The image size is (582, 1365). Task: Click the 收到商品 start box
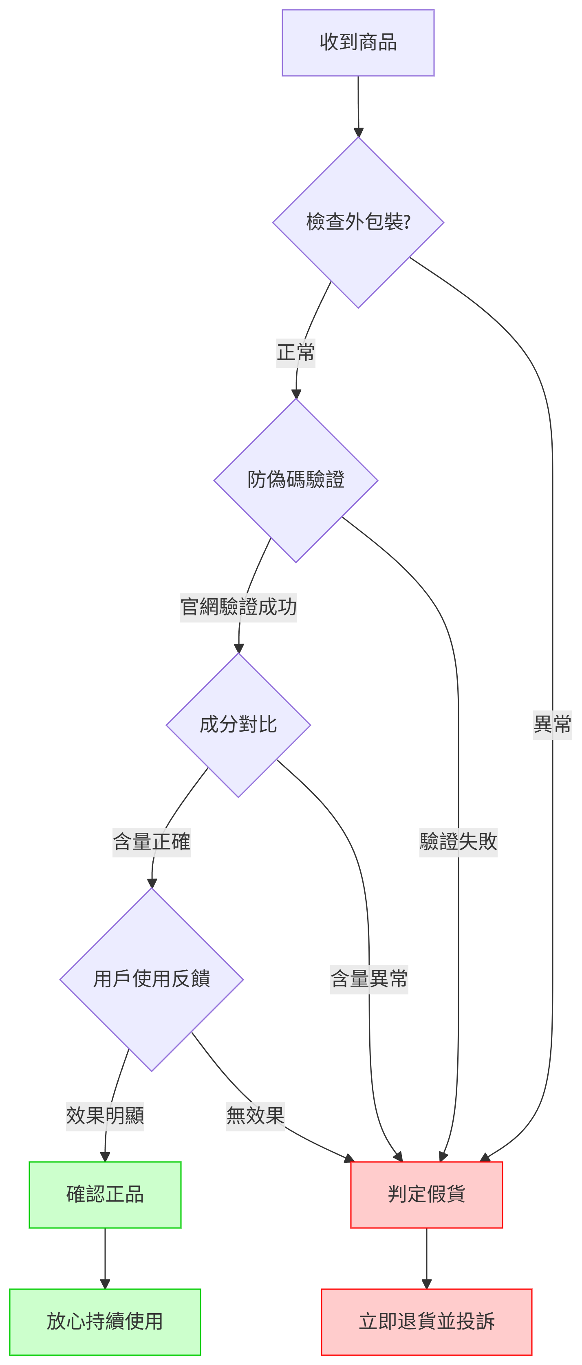(358, 42)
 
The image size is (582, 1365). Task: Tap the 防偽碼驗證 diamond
(295, 480)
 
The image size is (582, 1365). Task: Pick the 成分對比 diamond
(238, 725)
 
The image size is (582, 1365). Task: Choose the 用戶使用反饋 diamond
(152, 979)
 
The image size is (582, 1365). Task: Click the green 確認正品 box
(105, 1195)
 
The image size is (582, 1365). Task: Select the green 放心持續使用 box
(105, 1321)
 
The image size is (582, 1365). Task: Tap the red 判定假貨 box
(426, 1195)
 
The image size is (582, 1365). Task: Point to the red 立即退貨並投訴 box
(426, 1321)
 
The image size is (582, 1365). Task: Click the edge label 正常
(295, 353)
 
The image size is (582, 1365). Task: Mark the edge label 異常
(552, 724)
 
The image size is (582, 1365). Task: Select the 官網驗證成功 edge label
(238, 607)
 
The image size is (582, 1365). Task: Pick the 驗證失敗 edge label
(458, 841)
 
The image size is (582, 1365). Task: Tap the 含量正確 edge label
(152, 841)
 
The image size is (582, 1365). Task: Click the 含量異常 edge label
(369, 979)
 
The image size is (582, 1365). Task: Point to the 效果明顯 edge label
(105, 1116)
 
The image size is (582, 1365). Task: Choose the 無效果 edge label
(255, 1116)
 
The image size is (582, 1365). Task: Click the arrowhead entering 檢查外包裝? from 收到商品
(359, 133)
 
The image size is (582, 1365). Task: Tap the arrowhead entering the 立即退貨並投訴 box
(426, 1285)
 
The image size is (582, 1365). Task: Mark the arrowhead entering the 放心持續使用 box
(105, 1285)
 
